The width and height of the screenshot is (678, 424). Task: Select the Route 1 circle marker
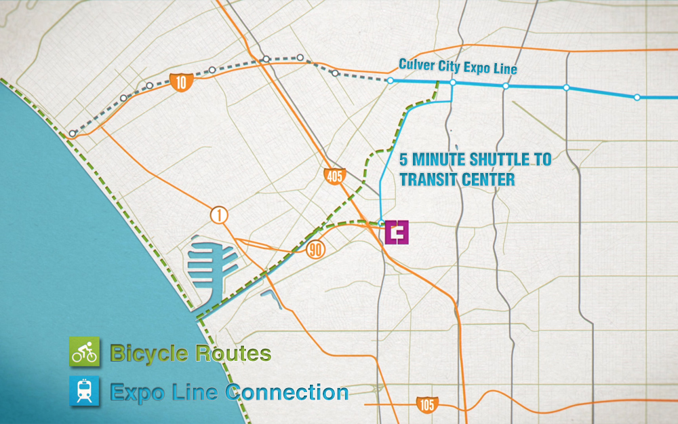(x=219, y=216)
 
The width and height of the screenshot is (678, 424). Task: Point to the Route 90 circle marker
(x=316, y=249)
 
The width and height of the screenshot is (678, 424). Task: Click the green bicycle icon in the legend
(x=85, y=353)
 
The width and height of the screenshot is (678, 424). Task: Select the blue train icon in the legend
(x=85, y=391)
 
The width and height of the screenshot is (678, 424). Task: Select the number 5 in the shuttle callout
(x=404, y=161)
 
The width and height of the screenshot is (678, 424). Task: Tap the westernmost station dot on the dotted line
(x=73, y=134)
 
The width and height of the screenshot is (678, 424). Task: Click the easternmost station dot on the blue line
(x=637, y=97)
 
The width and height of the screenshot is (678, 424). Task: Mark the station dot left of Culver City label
(x=390, y=81)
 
